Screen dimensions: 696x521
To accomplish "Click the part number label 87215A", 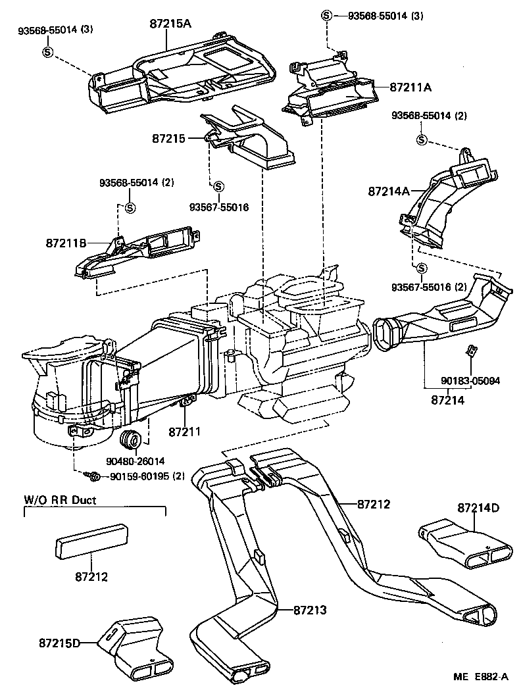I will (170, 24).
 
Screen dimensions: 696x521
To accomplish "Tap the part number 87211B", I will (66, 243).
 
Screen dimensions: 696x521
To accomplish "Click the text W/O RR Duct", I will (61, 500).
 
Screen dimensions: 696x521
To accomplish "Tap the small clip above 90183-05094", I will (471, 351).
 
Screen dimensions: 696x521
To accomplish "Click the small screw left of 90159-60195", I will (91, 475).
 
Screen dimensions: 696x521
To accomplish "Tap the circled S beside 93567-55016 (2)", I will (422, 267).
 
